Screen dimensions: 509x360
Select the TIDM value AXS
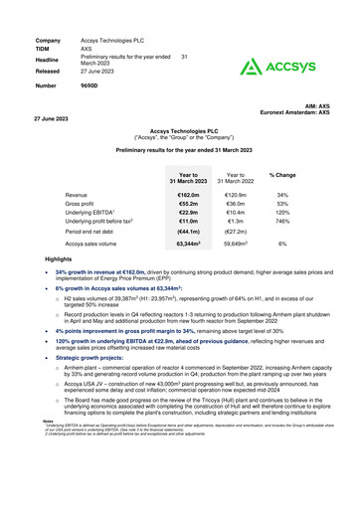87,47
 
